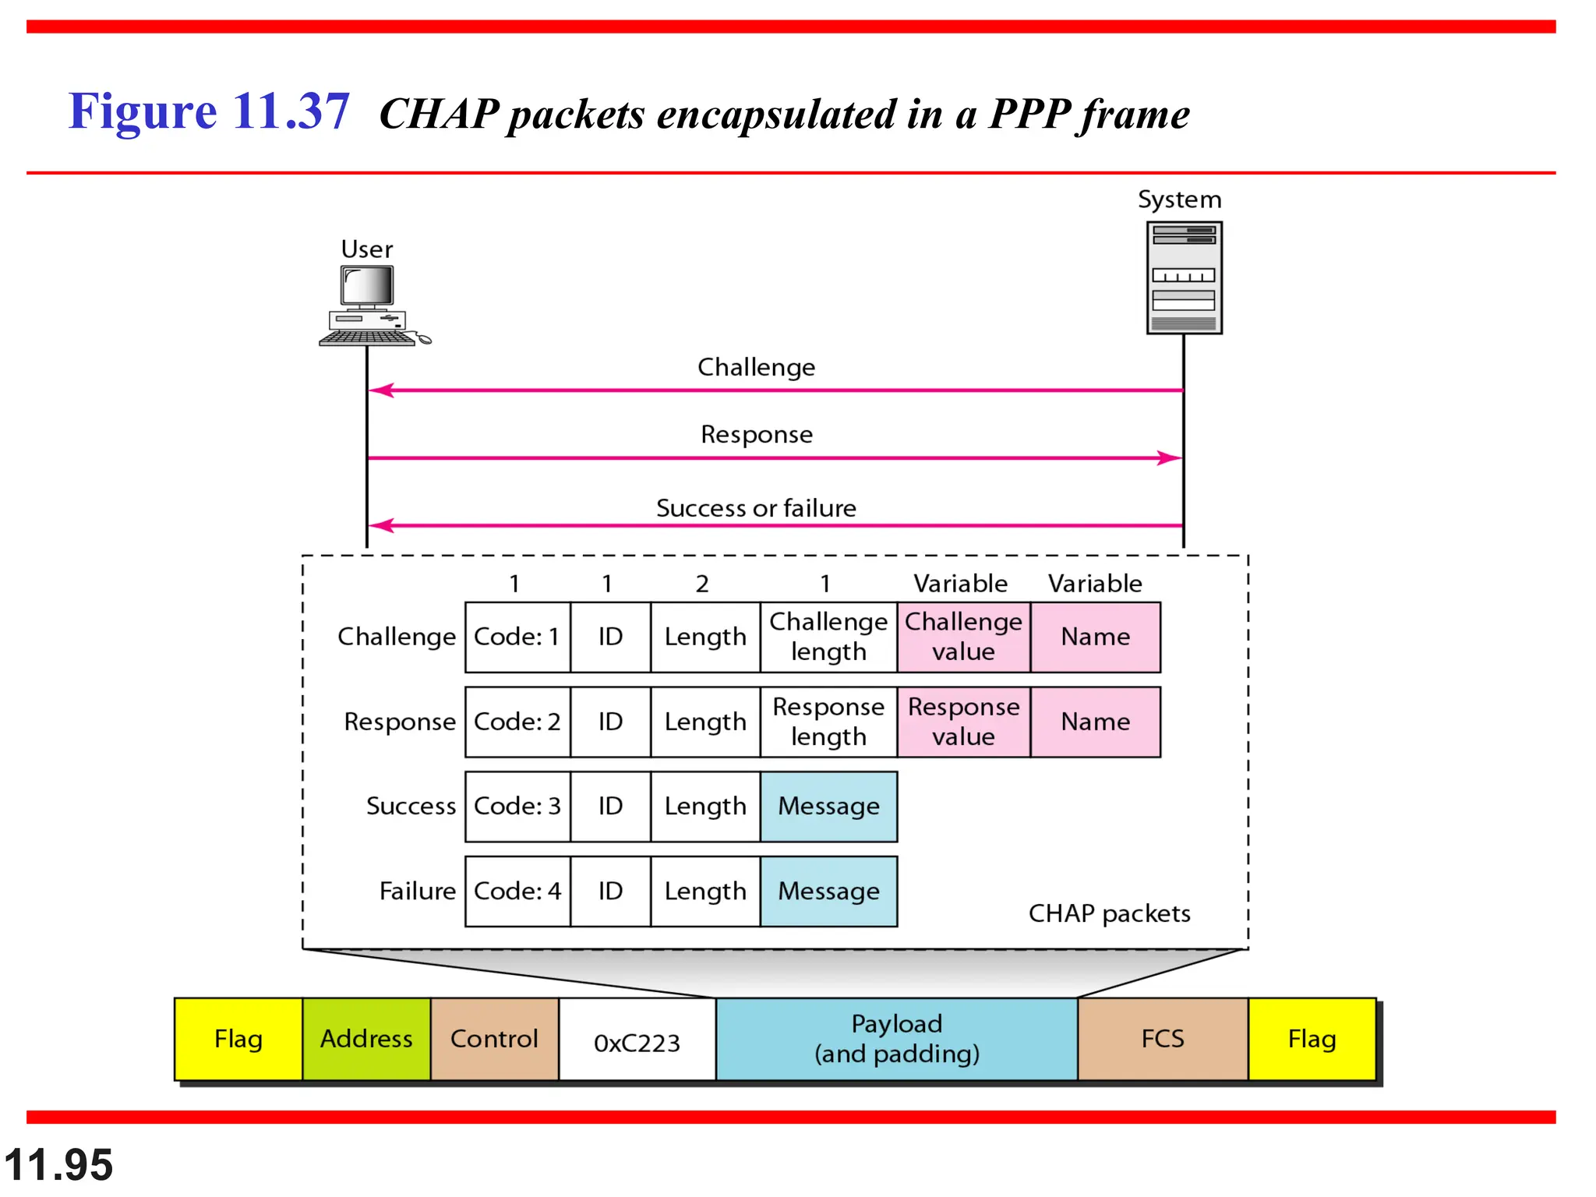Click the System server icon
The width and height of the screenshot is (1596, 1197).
(1183, 277)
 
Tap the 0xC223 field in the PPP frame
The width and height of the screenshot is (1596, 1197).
(637, 1040)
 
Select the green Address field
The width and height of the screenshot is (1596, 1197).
(366, 1039)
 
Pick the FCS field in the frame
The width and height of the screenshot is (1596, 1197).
(1162, 1039)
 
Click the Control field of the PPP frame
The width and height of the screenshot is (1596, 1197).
(494, 1039)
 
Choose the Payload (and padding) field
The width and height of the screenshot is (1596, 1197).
(896, 1039)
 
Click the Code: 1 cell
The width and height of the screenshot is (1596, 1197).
(517, 637)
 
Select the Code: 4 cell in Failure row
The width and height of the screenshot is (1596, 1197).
(517, 891)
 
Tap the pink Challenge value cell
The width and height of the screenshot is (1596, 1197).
(963, 637)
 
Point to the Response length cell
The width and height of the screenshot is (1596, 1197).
(828, 722)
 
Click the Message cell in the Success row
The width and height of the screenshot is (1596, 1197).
(828, 806)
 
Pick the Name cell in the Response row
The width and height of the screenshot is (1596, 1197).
(1095, 722)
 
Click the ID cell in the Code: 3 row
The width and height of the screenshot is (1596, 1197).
(610, 806)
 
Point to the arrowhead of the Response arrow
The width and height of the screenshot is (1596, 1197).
(1171, 458)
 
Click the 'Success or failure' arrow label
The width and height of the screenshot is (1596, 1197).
(756, 508)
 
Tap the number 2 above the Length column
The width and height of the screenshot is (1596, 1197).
(702, 584)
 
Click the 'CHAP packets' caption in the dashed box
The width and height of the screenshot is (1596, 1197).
(1109, 913)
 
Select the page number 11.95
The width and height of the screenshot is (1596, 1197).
(59, 1165)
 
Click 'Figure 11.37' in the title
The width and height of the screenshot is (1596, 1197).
(209, 111)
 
